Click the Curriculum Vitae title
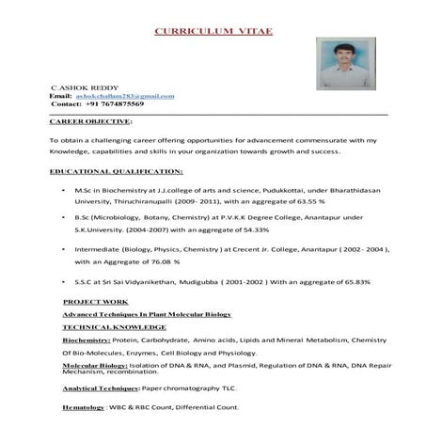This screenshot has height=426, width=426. (x=213, y=32)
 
